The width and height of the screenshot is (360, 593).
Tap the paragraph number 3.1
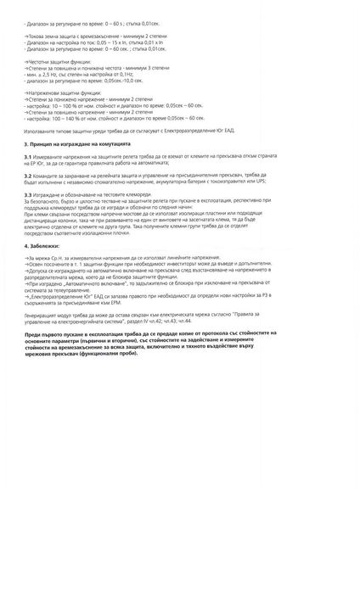pyautogui.click(x=29, y=157)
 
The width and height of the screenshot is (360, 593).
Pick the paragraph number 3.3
pyautogui.click(x=29, y=194)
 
